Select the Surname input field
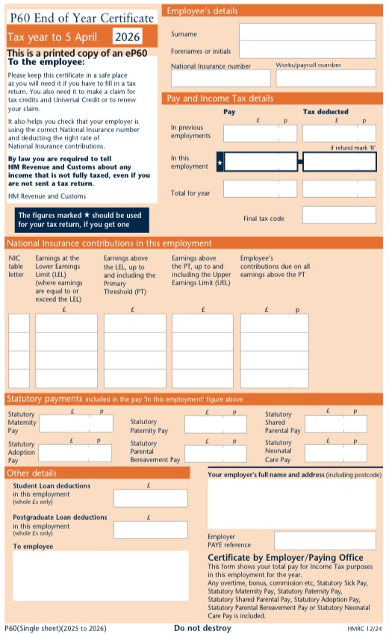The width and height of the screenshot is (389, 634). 308,32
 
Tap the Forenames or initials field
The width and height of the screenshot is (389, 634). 308,49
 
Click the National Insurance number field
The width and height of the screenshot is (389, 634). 220,78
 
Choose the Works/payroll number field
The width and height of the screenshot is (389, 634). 326,78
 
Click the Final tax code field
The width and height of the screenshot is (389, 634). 339,216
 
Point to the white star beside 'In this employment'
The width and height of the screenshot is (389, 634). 220,161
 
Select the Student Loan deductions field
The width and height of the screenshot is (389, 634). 150,498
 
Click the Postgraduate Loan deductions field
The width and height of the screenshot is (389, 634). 150,529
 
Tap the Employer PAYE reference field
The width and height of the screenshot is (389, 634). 325,541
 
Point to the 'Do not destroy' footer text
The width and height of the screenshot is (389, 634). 202,628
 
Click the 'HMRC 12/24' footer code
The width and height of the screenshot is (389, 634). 365,629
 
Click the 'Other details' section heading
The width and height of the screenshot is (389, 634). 31,473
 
